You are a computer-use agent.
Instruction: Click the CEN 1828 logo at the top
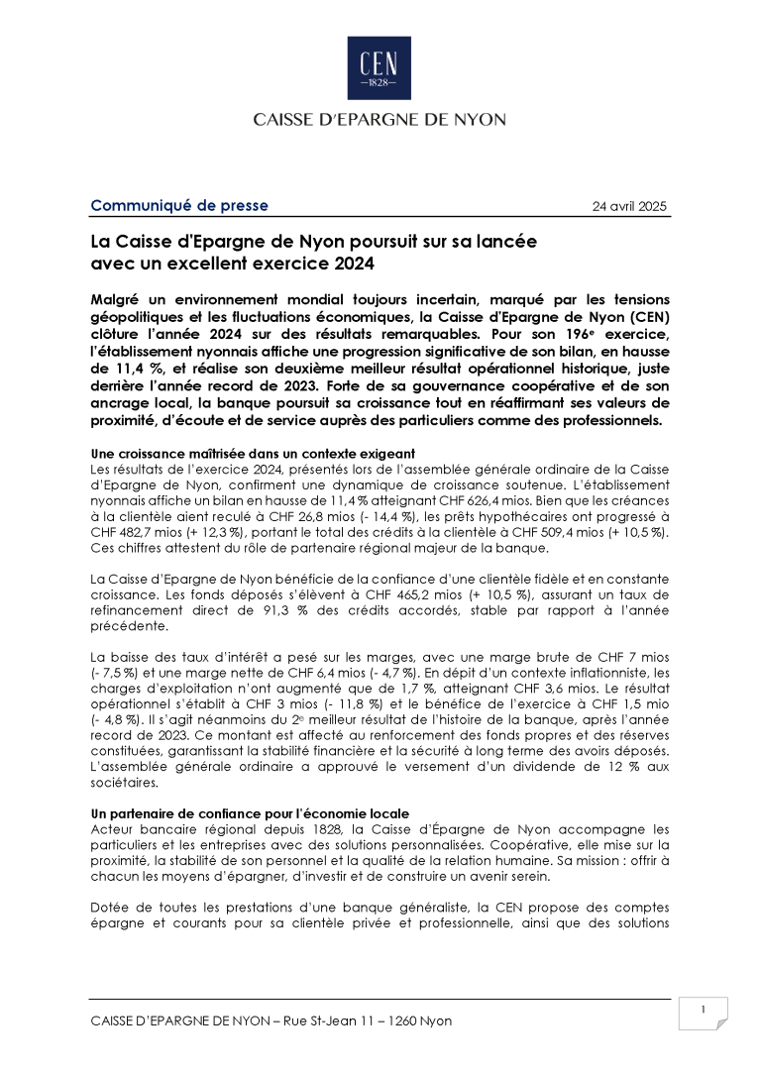(x=379, y=68)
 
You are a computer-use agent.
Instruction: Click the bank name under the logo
(x=380, y=119)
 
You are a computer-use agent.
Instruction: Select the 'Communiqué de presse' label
(x=179, y=206)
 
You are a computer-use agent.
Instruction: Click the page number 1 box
(x=703, y=1011)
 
